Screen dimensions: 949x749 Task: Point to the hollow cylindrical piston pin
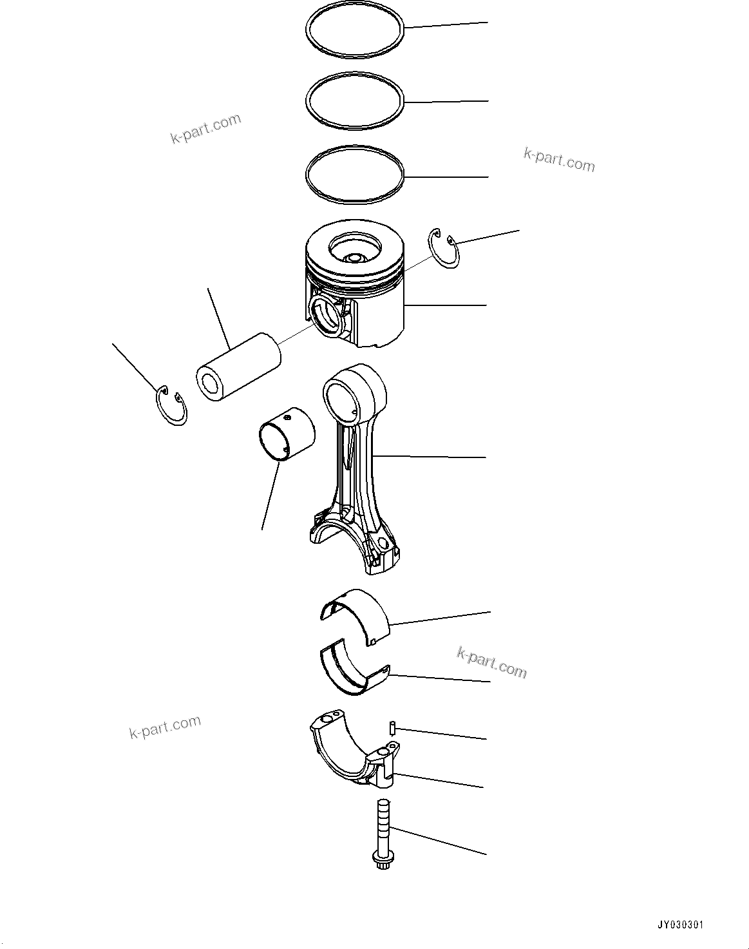pos(238,368)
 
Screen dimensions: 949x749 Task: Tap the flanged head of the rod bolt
pos(381,858)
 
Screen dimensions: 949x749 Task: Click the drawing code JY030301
pos(680,925)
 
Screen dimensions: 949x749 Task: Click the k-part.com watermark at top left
pos(205,128)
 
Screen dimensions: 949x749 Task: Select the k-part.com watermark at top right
pos(559,160)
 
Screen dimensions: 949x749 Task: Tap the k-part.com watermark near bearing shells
pos(491,663)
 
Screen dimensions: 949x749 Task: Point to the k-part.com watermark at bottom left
pos(165,727)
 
